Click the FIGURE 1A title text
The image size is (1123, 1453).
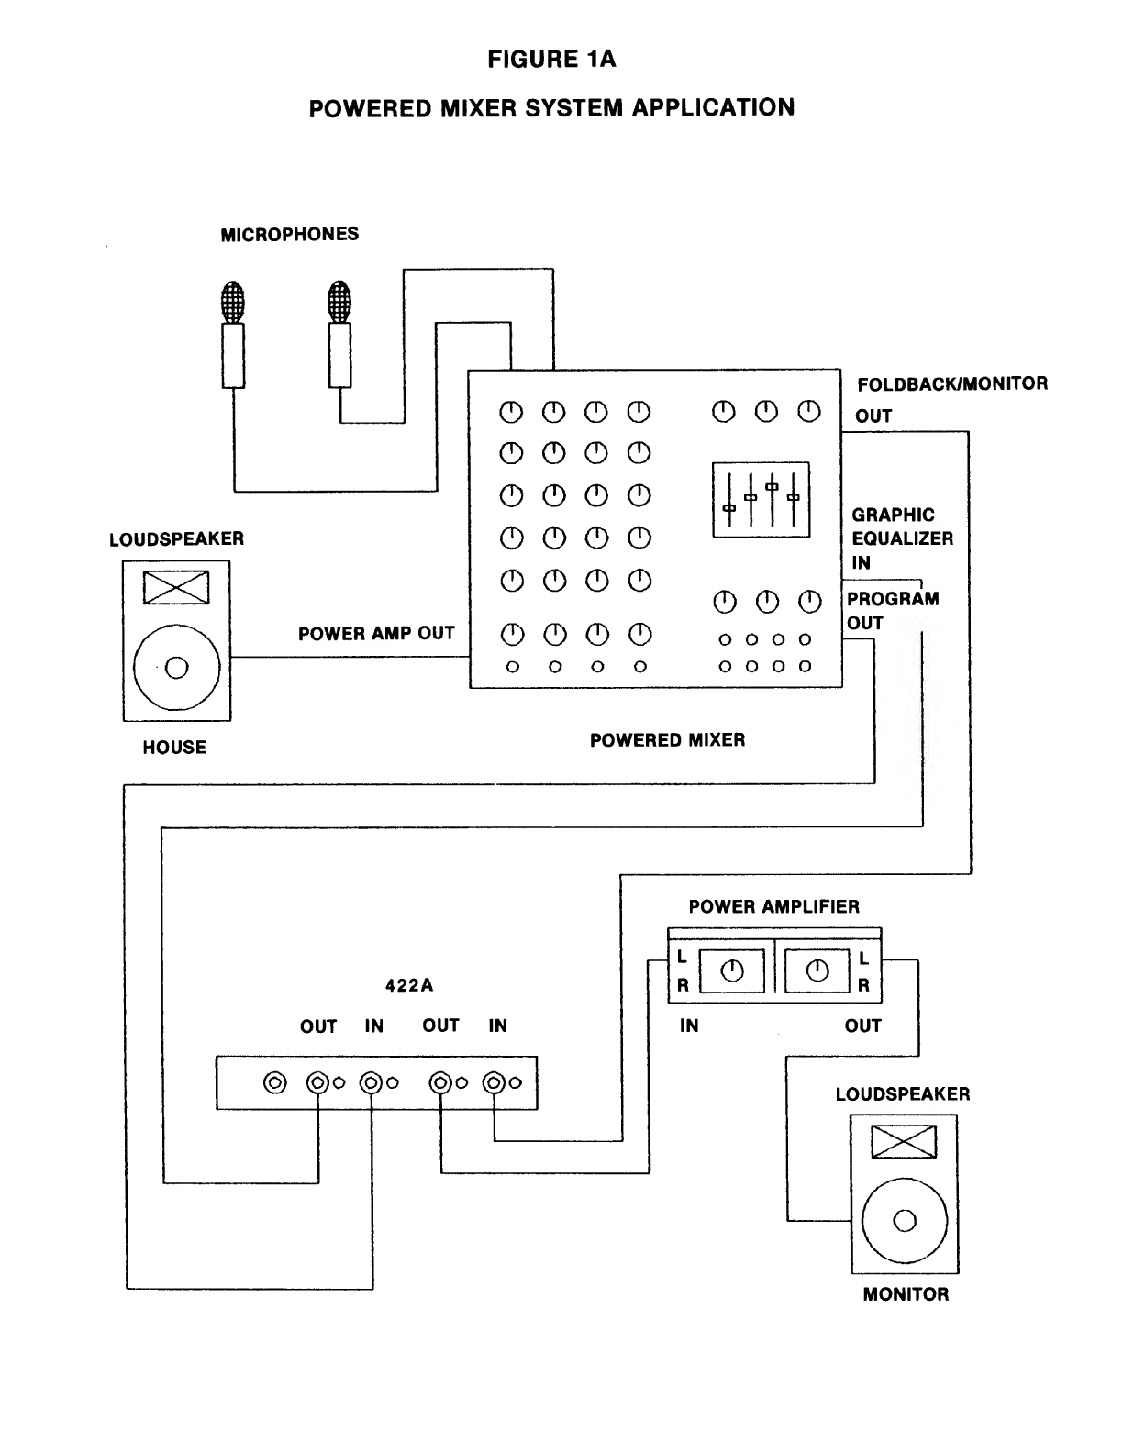coord(551,61)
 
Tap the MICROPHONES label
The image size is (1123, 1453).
coord(290,235)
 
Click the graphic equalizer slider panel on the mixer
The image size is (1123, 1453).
coord(762,500)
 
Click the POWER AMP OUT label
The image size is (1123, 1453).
coord(376,634)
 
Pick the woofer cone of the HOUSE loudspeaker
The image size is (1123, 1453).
coord(177,667)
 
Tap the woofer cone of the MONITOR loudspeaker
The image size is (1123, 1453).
coord(905,1221)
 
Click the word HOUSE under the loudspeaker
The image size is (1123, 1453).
coord(174,748)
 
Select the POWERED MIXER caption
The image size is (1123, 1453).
coord(667,740)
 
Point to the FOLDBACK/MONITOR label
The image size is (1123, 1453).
coord(952,383)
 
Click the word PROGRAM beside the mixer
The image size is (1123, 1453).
coord(893,599)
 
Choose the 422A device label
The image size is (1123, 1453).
coord(409,986)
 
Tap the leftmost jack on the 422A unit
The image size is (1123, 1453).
coord(274,1083)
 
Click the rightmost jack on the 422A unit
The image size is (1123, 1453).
coord(495,1083)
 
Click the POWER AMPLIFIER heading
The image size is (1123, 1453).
coord(774,907)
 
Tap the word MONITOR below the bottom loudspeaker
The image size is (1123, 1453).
coord(906,1295)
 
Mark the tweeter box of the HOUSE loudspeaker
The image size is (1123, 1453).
coord(176,587)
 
